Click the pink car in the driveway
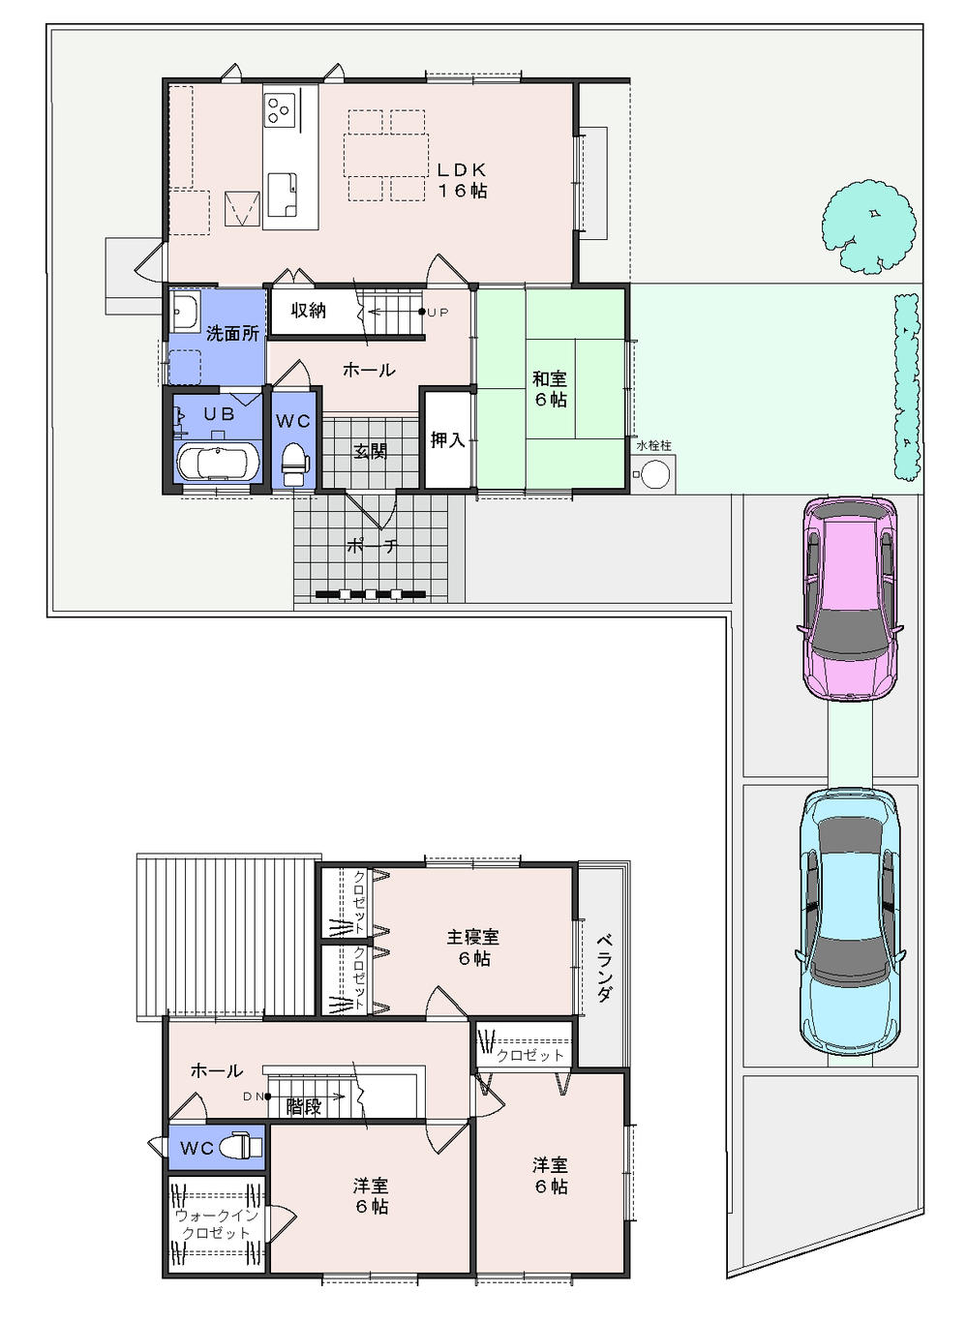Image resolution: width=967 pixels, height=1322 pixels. coord(851,598)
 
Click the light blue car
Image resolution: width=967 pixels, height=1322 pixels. coord(850,920)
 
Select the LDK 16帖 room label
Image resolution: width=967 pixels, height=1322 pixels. coord(462,180)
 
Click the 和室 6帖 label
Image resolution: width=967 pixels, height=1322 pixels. coord(550,389)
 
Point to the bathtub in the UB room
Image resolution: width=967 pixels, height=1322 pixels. coord(219,462)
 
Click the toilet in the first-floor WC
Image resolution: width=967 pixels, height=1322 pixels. coord(293,465)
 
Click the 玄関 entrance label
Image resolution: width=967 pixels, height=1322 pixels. coord(370,451)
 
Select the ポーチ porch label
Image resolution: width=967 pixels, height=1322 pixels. coord(372,546)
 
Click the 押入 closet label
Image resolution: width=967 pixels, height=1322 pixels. coord(447,440)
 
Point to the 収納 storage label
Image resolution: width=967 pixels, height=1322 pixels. coord(308,311)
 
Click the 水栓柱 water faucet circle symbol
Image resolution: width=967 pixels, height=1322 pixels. coord(655,476)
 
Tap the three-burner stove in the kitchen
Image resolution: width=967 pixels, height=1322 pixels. coord(281,109)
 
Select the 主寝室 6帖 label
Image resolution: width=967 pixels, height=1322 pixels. coord(473,946)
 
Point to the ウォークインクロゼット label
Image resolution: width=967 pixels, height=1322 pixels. coord(216,1224)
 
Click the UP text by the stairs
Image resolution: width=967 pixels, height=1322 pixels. coord(438,313)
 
